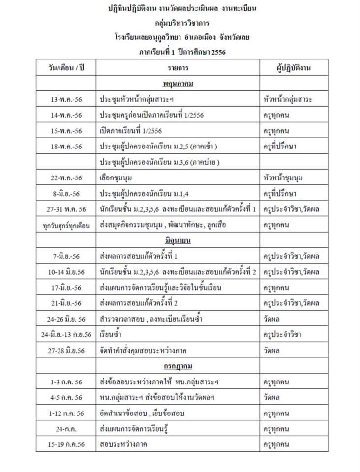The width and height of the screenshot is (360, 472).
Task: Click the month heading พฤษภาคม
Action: (x=178, y=83)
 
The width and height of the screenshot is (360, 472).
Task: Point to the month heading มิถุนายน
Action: (x=178, y=241)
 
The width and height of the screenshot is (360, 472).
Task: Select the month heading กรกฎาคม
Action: (x=178, y=366)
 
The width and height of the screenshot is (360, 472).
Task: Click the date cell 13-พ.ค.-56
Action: (x=66, y=99)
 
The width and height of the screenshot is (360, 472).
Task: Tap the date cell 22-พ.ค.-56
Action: (x=66, y=178)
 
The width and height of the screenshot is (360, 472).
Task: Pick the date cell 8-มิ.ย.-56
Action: (x=66, y=194)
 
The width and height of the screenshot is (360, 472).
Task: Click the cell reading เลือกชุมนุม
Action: (x=116, y=178)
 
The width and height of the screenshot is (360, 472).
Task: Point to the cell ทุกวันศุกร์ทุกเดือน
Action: (x=66, y=225)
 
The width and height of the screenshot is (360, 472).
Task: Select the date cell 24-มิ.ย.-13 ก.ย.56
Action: (x=66, y=335)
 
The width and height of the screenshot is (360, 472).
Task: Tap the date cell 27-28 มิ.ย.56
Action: (x=66, y=351)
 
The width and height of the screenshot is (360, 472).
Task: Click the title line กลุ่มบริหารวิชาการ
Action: (x=178, y=23)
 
